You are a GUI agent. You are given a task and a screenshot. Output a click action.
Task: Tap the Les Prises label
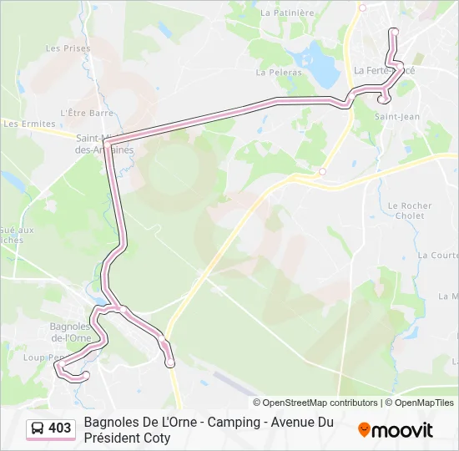coord(68,48)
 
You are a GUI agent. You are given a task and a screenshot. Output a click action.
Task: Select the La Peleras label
coord(280,72)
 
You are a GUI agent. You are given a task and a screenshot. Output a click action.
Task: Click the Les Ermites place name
coord(23,124)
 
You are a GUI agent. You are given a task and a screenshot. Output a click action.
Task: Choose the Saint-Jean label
coord(396,117)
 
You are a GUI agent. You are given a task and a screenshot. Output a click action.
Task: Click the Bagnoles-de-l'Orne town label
coord(71,332)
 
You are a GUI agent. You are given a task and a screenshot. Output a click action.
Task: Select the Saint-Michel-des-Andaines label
coord(104,144)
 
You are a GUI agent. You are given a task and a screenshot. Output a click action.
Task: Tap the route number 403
coord(60,428)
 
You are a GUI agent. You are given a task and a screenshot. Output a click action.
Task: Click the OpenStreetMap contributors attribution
coord(315,403)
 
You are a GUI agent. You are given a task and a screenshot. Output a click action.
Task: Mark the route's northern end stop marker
coord(394,32)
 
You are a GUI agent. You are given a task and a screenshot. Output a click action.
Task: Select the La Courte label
coord(438,255)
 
